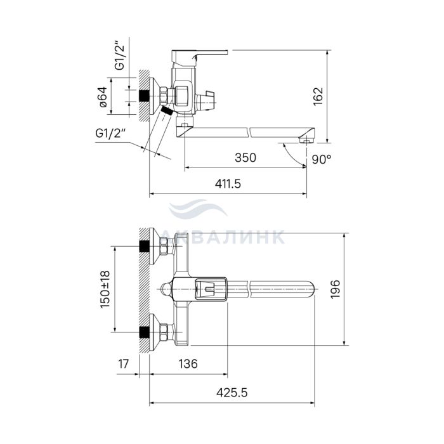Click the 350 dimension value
pos(245,157)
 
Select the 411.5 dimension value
pos(228,183)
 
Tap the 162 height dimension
pos(318,96)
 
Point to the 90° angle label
pos(322,159)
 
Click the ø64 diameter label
pos(103,97)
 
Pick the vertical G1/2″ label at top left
pos(119,56)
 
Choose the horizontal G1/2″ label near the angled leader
pos(110,133)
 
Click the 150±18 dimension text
pos(105,289)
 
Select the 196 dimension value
pos(336,289)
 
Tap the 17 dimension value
pos(124,363)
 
